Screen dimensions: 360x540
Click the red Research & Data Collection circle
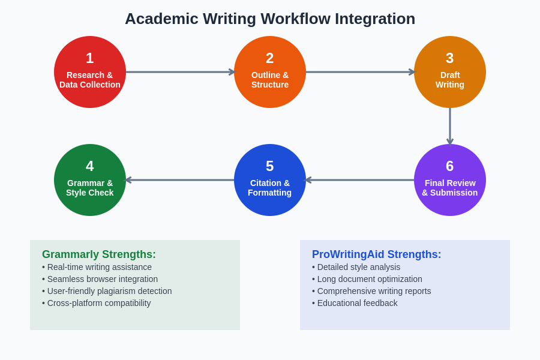pos(90,72)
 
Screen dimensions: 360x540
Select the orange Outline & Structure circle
pos(270,72)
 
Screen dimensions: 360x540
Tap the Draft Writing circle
pos(450,72)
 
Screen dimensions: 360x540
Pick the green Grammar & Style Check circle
pos(90,180)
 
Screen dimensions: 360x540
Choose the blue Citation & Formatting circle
pos(270,180)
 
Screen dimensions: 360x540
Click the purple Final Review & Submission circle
pos(450,180)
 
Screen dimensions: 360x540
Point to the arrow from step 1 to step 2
pos(180,72)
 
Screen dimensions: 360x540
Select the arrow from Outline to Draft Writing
pos(360,72)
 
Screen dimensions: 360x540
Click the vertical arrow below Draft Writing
pos(450,126)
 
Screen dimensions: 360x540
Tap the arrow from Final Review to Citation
pos(360,180)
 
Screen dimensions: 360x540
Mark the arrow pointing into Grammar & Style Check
pos(180,180)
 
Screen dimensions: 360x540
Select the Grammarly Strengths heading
pos(99,254)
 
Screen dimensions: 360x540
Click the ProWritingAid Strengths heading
pos(376,254)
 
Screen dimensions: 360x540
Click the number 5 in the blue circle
pos(270,166)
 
